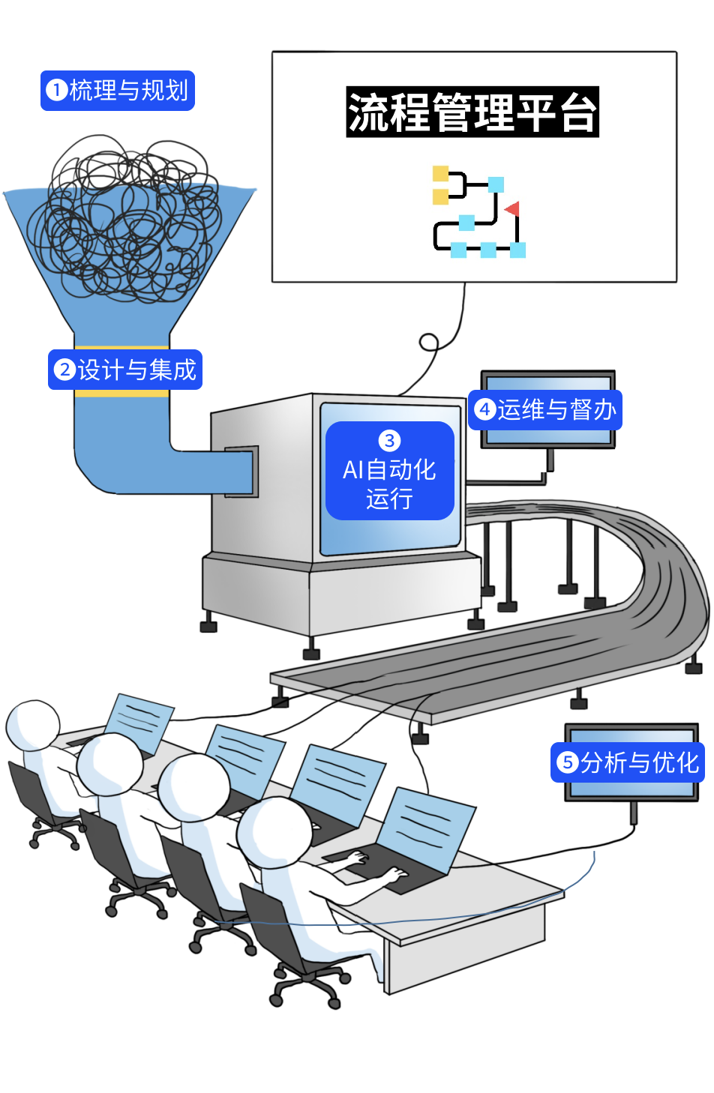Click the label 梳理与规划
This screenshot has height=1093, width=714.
click(x=118, y=91)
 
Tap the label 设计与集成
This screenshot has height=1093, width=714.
click(x=125, y=370)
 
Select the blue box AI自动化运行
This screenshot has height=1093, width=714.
click(x=389, y=471)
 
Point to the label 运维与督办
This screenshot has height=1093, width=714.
click(x=545, y=410)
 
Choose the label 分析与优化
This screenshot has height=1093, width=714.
click(x=628, y=762)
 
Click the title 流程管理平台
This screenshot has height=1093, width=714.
click(x=472, y=112)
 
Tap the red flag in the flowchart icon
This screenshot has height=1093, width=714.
click(x=512, y=208)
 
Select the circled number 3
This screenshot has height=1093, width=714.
click(x=389, y=441)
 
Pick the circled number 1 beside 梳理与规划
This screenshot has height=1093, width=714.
click(x=56, y=91)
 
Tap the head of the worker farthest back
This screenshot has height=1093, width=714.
click(x=33, y=725)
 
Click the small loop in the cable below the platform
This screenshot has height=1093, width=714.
click(x=428, y=343)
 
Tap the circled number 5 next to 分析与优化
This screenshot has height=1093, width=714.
click(x=568, y=763)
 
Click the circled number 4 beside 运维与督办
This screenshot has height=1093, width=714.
click(x=485, y=410)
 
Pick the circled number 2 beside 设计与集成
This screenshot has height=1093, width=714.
click(x=65, y=370)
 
